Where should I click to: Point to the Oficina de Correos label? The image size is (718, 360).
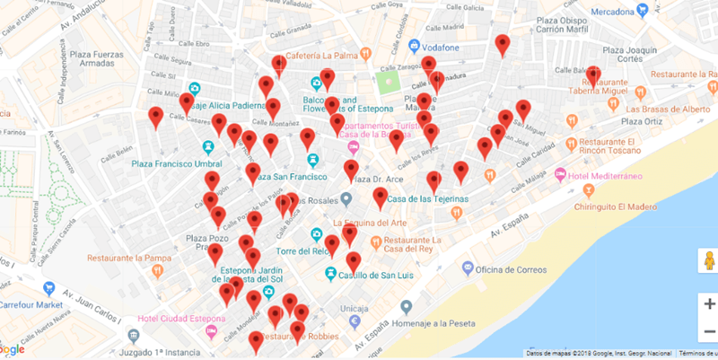(x=512, y=268)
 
